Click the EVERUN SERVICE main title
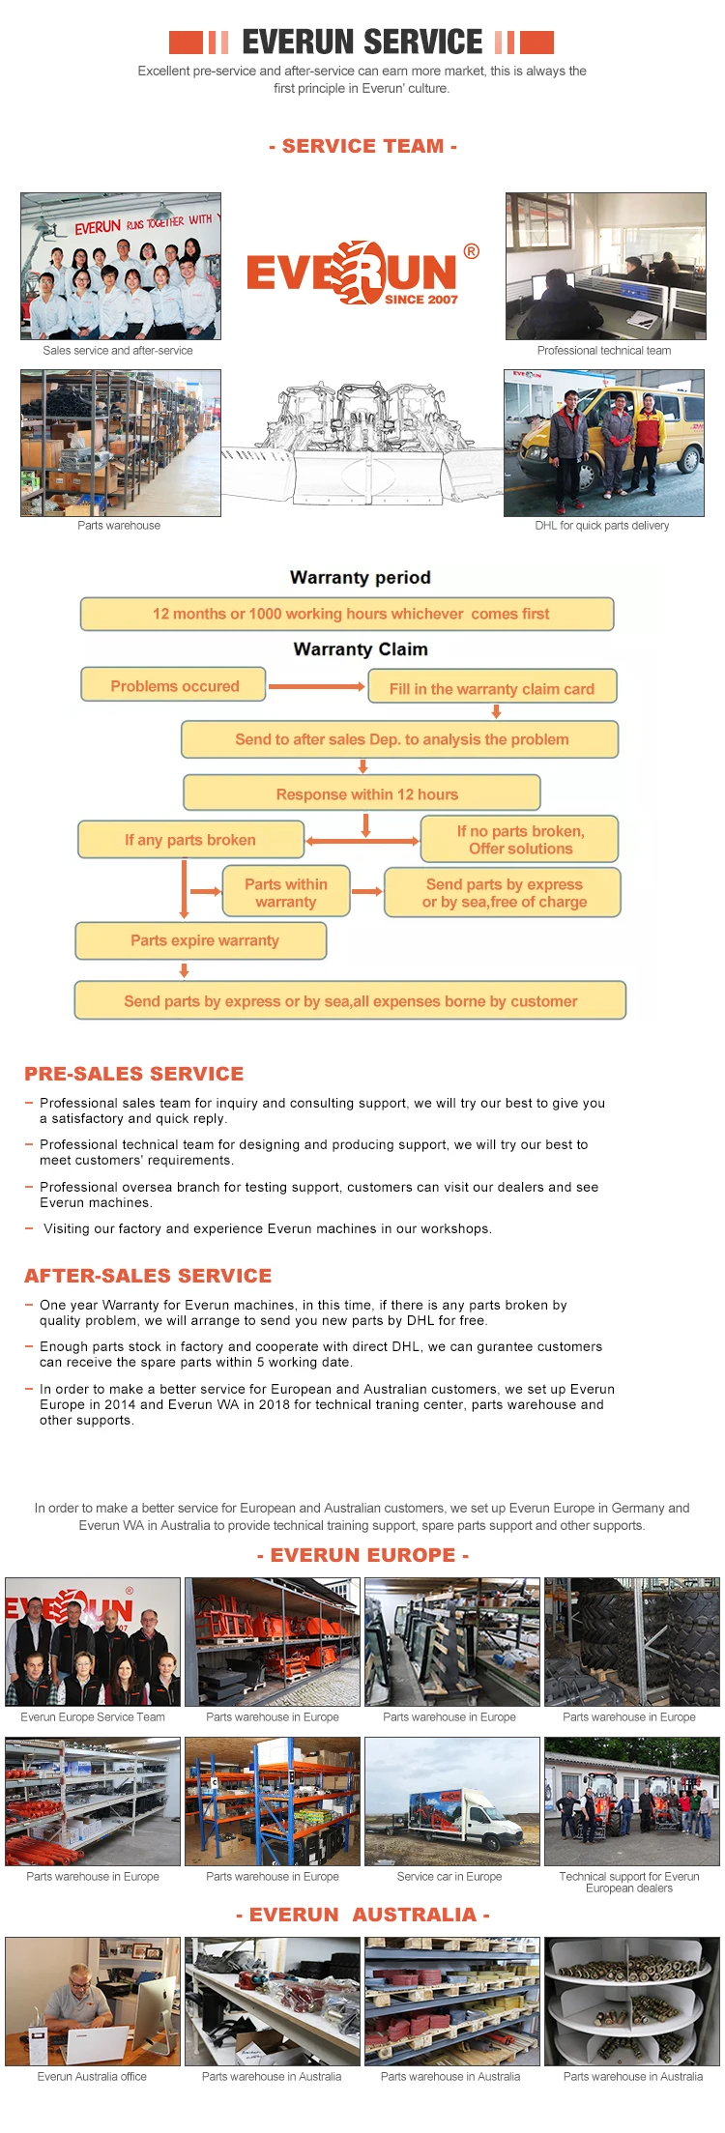(x=362, y=42)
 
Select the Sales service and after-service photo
(x=121, y=266)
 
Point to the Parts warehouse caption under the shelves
(x=119, y=526)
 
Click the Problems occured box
(x=174, y=685)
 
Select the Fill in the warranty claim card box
(x=492, y=688)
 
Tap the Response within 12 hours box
(x=362, y=793)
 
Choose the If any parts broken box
(x=190, y=840)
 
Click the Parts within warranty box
(x=285, y=892)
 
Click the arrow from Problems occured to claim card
(x=316, y=686)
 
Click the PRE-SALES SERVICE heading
(x=134, y=1074)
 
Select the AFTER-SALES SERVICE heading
(x=148, y=1276)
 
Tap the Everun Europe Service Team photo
(x=93, y=1642)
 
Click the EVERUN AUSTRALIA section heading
(x=362, y=1915)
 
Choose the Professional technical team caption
(x=604, y=351)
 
